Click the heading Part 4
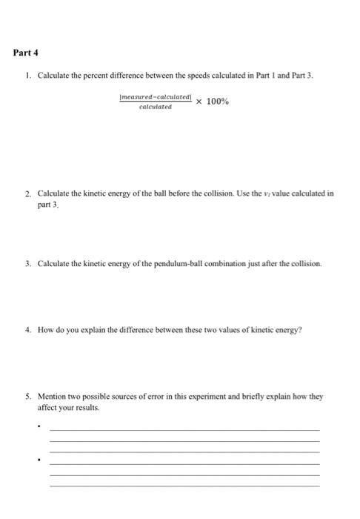[26, 53]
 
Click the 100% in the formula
[217, 101]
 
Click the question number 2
[26, 192]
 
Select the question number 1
[26, 76]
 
